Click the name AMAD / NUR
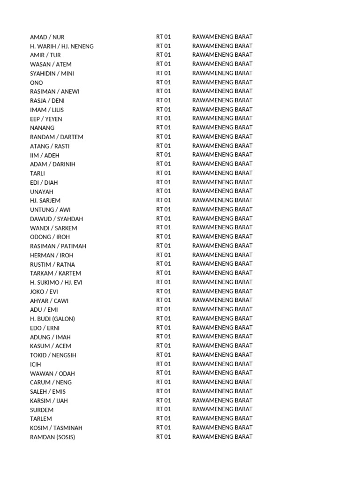click(47, 37)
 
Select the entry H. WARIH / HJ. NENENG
click(62, 46)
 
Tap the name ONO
click(37, 82)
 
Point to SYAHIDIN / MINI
click(52, 74)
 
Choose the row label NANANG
click(42, 128)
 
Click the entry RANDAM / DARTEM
click(57, 137)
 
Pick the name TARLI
click(37, 173)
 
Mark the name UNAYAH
click(42, 192)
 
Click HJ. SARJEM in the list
click(45, 201)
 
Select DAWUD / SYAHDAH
click(57, 219)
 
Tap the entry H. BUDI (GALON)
click(52, 319)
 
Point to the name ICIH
click(36, 364)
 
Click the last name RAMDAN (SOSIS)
click(52, 437)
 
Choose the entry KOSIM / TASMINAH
click(56, 428)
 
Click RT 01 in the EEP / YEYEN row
click(164, 119)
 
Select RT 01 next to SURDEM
click(164, 409)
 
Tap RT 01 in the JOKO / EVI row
click(164, 291)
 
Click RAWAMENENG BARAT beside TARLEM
click(222, 418)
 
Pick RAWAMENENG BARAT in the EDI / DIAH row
click(222, 182)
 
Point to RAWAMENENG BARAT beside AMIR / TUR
click(222, 55)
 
